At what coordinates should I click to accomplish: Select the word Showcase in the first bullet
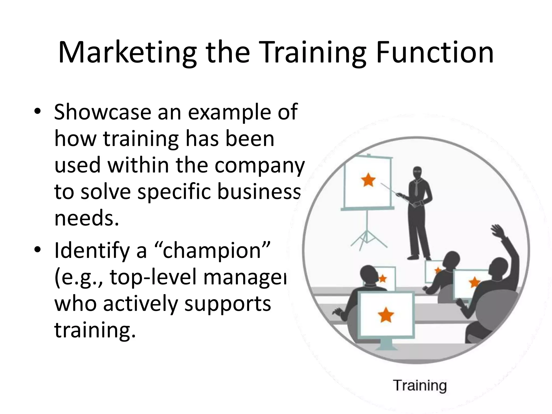click(x=102, y=112)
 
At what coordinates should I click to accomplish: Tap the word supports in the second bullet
click(x=227, y=303)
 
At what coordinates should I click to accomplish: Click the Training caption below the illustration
click(x=420, y=385)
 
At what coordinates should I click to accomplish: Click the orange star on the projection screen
click(x=368, y=180)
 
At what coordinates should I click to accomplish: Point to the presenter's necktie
click(x=417, y=189)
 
